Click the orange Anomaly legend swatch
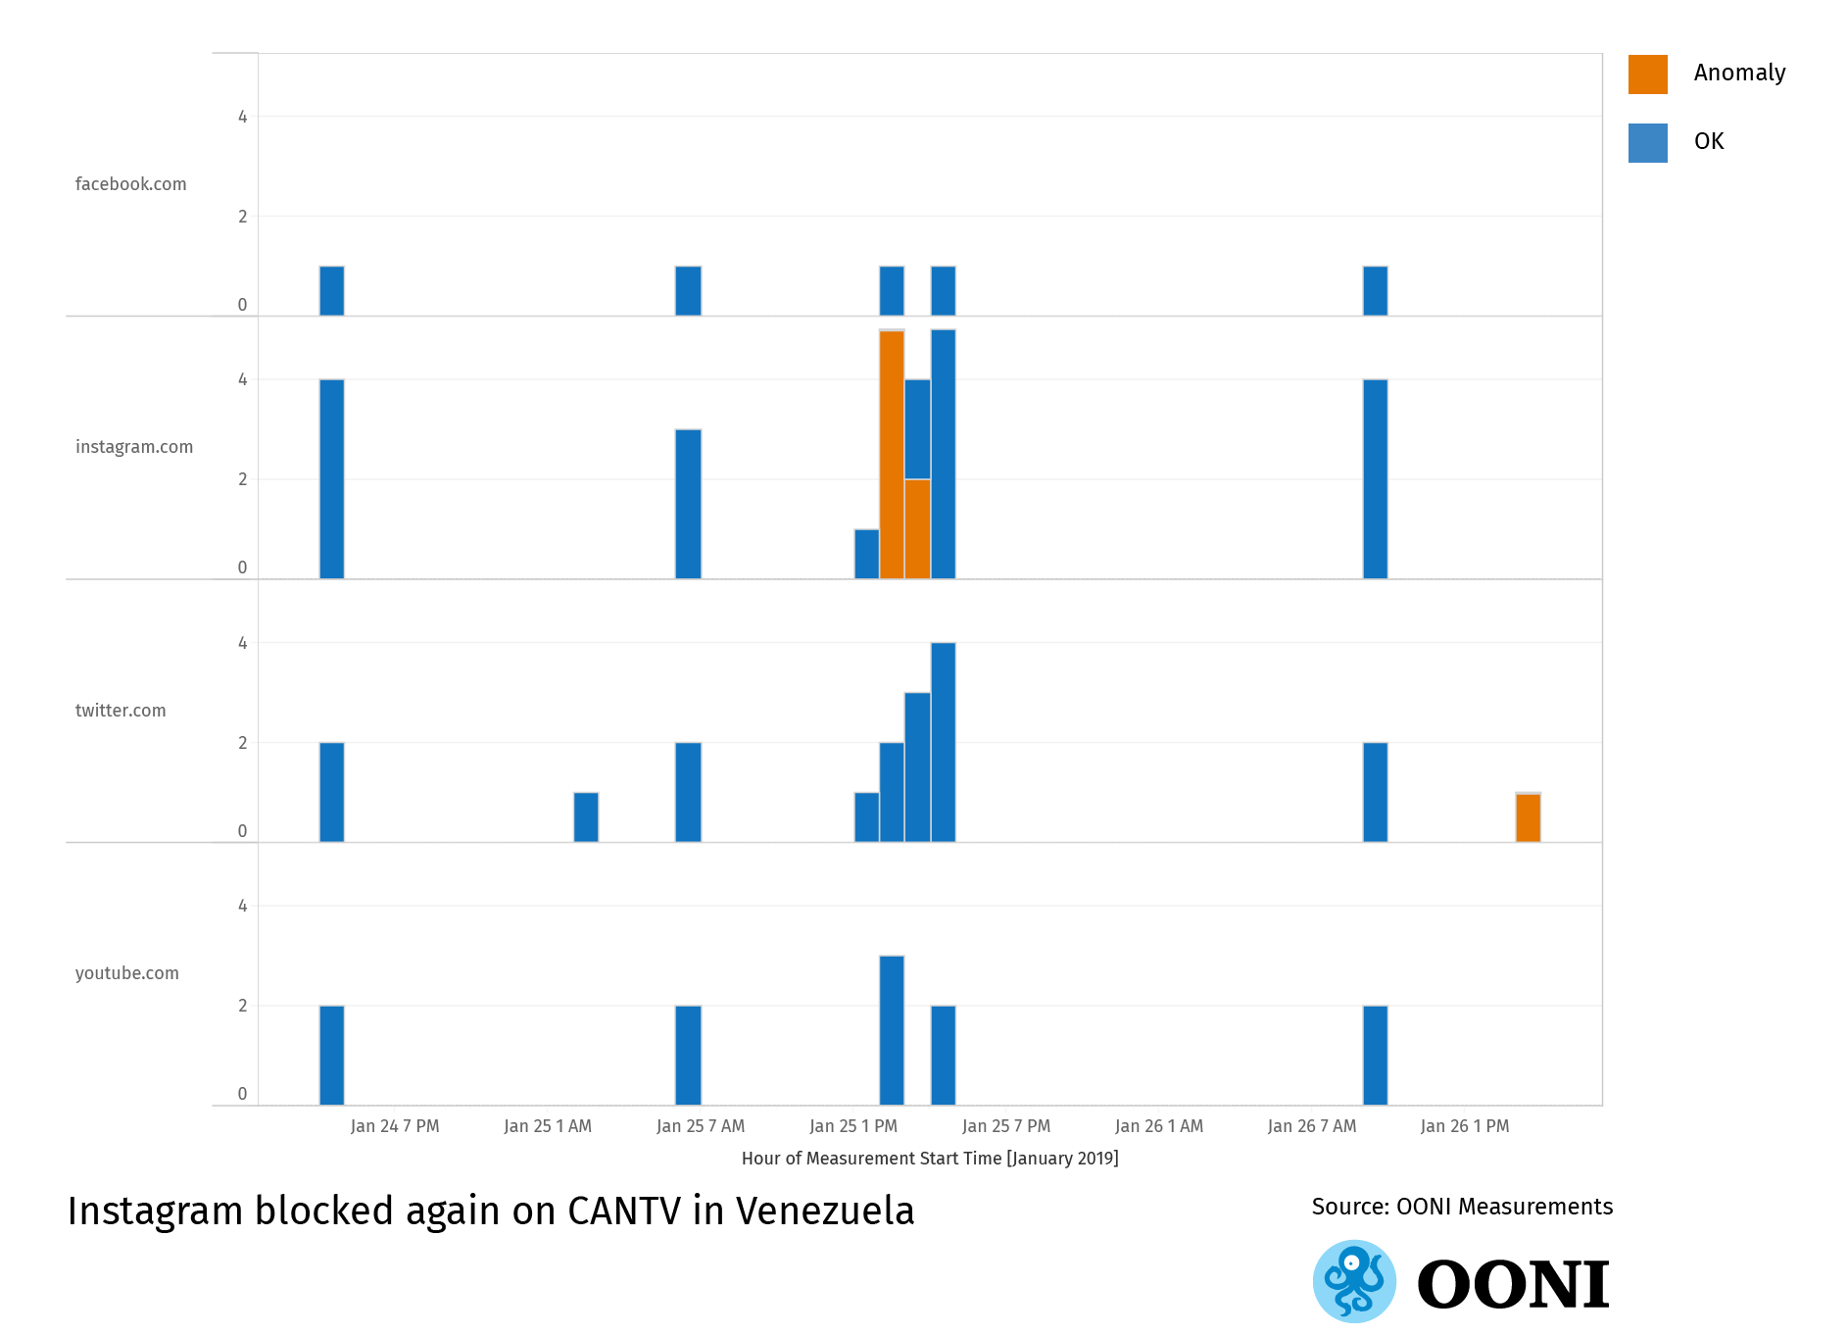(x=1647, y=74)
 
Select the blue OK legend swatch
(x=1647, y=143)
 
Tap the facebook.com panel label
(x=130, y=184)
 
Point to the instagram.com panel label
(x=134, y=447)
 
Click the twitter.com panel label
(x=121, y=711)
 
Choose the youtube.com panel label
(x=127, y=973)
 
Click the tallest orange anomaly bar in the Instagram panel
(x=892, y=455)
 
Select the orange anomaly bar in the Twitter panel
(x=1528, y=817)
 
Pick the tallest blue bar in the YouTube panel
(x=892, y=1030)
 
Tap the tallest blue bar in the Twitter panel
(x=943, y=742)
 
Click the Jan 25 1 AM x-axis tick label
(x=548, y=1126)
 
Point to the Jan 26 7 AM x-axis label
(x=1312, y=1126)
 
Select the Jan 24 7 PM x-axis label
(x=395, y=1126)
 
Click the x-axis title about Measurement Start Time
(x=930, y=1159)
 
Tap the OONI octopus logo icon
(x=1354, y=1281)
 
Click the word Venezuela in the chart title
(x=825, y=1211)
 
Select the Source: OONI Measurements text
(x=1462, y=1207)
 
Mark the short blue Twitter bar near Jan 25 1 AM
(x=586, y=817)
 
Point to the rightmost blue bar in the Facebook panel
(x=1375, y=291)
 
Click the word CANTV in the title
(x=624, y=1211)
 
